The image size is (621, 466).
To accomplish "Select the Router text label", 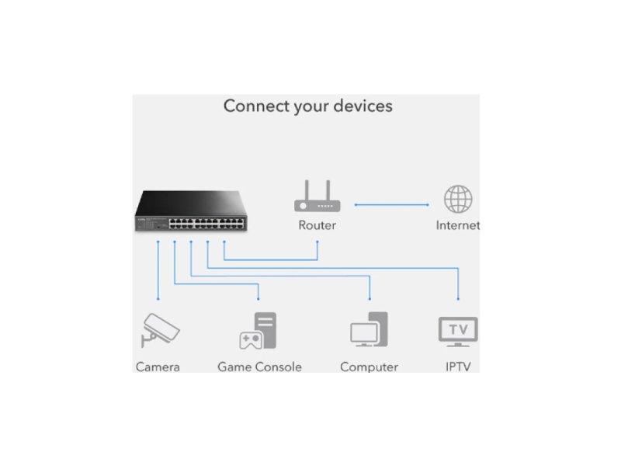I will (x=317, y=225).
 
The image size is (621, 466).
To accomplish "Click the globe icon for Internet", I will (x=458, y=199).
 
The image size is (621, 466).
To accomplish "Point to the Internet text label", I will (x=457, y=225).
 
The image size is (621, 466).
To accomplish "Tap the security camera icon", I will (x=159, y=329).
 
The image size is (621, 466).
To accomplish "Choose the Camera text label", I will (x=158, y=367).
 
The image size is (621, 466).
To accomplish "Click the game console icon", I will (x=258, y=330).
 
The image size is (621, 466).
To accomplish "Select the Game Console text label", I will (x=259, y=367).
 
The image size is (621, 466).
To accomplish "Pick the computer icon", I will (x=369, y=329).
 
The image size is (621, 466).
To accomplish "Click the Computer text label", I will (x=369, y=367).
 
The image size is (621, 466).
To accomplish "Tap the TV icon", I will (x=458, y=330).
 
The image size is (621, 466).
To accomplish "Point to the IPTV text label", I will (x=458, y=367).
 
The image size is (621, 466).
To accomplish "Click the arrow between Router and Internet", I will (x=391, y=204).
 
